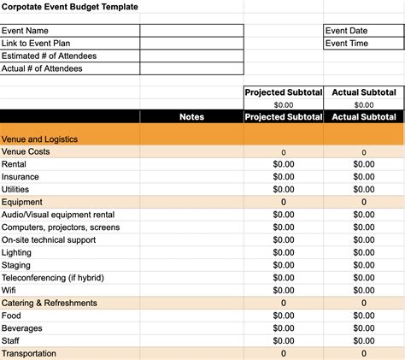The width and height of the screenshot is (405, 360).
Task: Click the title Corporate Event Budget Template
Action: pyautogui.click(x=70, y=7)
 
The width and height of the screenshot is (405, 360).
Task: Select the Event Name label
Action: pyautogui.click(x=26, y=30)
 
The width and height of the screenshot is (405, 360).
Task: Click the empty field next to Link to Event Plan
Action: pyautogui.click(x=191, y=43)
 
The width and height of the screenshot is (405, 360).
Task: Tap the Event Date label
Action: pyautogui.click(x=346, y=30)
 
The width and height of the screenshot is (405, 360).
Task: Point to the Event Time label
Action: pyautogui.click(x=347, y=43)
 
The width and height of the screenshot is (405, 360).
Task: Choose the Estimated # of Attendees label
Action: pyautogui.click(x=49, y=56)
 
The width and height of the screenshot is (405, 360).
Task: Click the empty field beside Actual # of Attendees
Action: pyautogui.click(x=191, y=68)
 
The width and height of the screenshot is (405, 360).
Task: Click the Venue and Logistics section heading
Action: pyautogui.click(x=40, y=139)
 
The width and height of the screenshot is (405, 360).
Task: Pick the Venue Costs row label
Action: pyautogui.click(x=26, y=151)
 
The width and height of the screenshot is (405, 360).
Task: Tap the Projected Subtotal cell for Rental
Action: pyautogui.click(x=284, y=164)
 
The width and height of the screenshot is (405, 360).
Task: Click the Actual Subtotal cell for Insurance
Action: pyautogui.click(x=363, y=177)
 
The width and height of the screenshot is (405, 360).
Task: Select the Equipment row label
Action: pyautogui.click(x=22, y=202)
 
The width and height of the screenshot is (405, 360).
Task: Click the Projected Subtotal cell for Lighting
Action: pyautogui.click(x=284, y=252)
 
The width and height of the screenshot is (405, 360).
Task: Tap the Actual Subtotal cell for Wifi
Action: pyautogui.click(x=363, y=291)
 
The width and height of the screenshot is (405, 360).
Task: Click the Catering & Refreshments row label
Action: pyautogui.click(x=50, y=303)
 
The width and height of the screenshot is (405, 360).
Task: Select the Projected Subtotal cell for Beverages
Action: pyautogui.click(x=284, y=328)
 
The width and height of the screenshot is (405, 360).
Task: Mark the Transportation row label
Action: pyautogui.click(x=29, y=353)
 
